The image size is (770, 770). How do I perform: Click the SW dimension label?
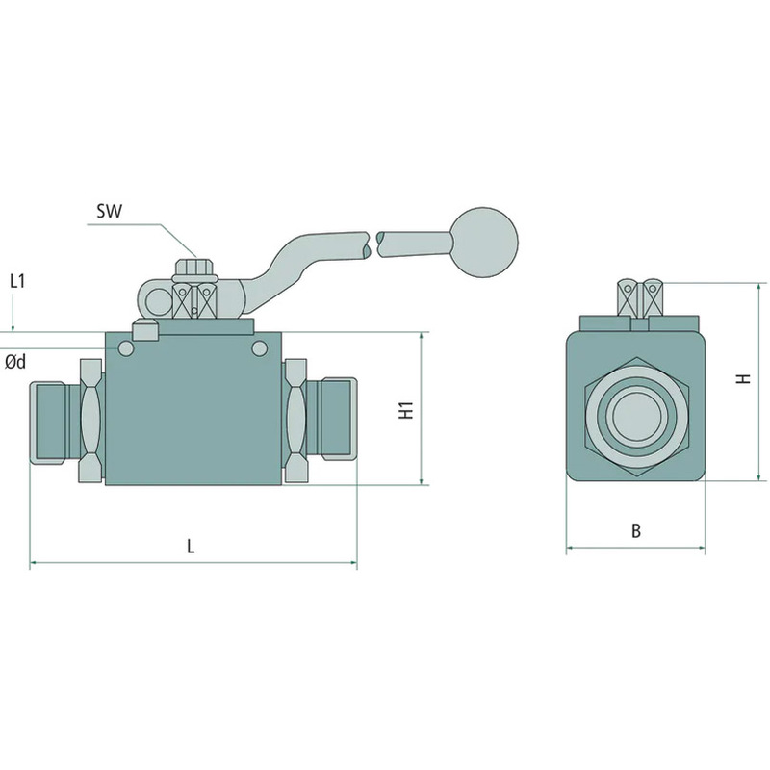coord(109,211)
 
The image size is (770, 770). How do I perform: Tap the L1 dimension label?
coord(16,281)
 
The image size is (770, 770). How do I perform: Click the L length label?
coord(191,546)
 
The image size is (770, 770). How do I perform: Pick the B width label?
coord(635,530)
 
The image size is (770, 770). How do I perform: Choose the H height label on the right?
coord(742,379)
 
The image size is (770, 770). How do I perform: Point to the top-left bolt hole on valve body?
coord(125,346)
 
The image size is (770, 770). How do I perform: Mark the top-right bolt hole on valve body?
coord(259,346)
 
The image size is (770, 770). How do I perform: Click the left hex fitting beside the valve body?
coord(90,421)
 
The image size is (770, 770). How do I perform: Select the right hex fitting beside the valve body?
coord(295,421)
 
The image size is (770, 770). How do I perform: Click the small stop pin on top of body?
coord(145,332)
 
